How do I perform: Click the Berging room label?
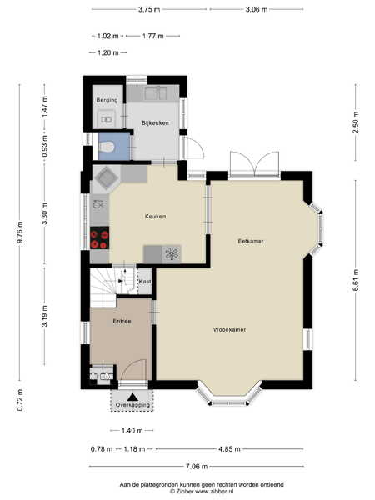click(107, 100)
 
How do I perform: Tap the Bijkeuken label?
click(155, 122)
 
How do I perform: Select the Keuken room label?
click(155, 216)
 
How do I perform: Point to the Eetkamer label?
click(251, 241)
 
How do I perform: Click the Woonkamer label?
click(230, 329)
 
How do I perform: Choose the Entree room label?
click(122, 321)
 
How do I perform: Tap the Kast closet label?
click(145, 282)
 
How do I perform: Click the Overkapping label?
click(132, 405)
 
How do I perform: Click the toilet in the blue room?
click(107, 147)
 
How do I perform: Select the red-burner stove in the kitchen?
click(99, 237)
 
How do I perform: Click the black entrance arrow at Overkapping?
click(132, 397)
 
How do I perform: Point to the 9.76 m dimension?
click(20, 232)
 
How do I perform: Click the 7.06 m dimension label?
click(197, 467)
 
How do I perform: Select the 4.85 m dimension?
click(229, 449)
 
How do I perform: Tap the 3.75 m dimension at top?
click(149, 9)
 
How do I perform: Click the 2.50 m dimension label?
click(356, 122)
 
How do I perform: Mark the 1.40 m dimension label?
click(132, 431)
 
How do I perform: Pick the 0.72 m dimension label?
click(20, 399)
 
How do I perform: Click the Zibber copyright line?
click(202, 492)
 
